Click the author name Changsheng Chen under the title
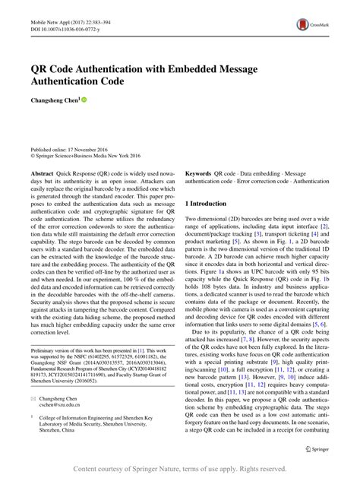pos(53,100)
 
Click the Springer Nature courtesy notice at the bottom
pos(179,468)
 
